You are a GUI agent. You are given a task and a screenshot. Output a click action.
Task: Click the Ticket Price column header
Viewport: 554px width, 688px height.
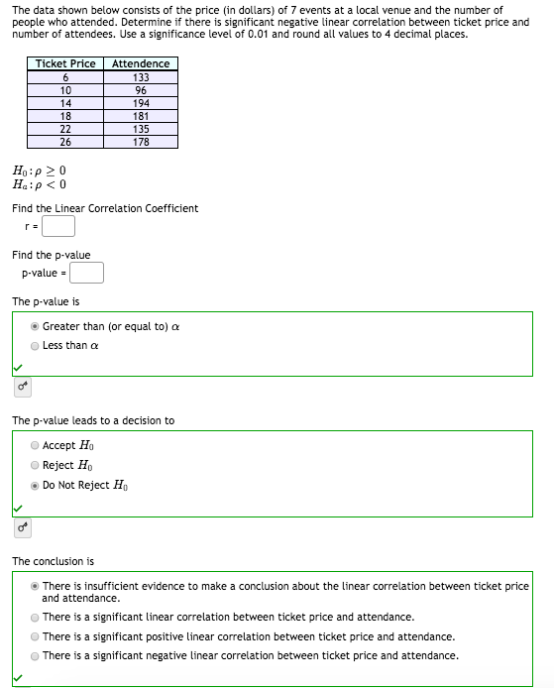[x=65, y=63]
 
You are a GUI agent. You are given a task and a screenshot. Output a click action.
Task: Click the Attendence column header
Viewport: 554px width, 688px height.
[x=141, y=63]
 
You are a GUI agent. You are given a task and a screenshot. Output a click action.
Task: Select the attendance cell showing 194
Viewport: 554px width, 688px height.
[x=141, y=103]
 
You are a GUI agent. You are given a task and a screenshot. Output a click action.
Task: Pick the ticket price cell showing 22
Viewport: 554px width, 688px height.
[x=65, y=129]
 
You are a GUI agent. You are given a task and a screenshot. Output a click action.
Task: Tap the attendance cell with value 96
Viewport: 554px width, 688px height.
[x=141, y=90]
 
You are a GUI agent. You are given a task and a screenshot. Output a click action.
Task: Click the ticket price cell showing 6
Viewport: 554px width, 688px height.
[x=65, y=77]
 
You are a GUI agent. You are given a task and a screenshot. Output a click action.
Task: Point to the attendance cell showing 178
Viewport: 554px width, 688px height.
[x=141, y=142]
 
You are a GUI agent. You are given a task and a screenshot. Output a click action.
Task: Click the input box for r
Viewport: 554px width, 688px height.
[x=58, y=227]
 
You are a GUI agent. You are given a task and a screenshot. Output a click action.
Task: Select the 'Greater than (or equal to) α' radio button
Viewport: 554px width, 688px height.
[x=36, y=326]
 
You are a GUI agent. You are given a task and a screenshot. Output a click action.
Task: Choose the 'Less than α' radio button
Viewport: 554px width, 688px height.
[x=36, y=346]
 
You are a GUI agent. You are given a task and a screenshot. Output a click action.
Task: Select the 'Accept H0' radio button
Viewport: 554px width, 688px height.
[x=36, y=445]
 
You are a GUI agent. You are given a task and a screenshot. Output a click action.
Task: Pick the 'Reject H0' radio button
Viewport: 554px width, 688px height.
[x=36, y=465]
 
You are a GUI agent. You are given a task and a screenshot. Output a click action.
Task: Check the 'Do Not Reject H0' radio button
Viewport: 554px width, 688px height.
[x=36, y=486]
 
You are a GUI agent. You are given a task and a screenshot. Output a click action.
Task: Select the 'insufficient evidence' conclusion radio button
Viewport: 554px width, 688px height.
[x=36, y=586]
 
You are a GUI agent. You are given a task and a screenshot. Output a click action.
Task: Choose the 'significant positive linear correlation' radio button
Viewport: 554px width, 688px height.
[x=36, y=636]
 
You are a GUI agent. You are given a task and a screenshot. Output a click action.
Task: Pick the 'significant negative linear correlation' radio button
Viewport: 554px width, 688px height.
[x=36, y=655]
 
